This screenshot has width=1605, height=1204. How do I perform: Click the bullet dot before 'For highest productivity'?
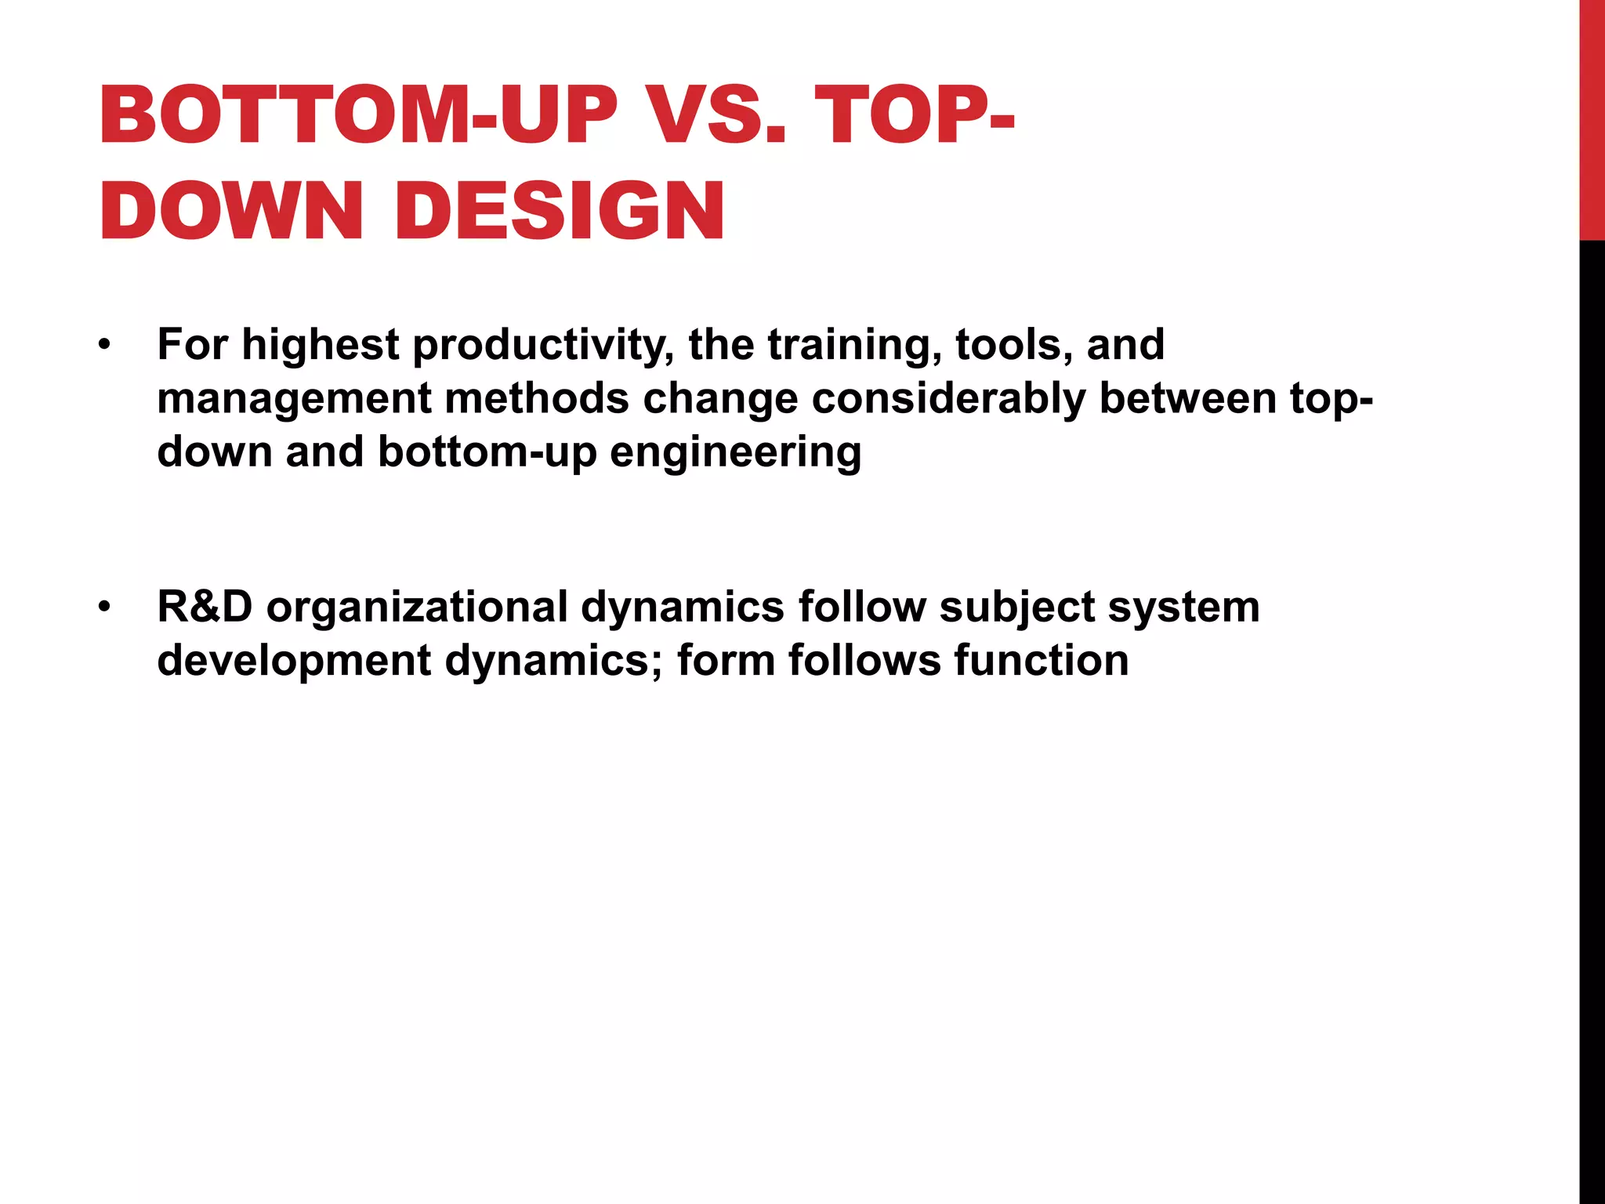pyautogui.click(x=105, y=345)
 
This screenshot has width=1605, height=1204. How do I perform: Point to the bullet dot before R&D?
pyautogui.click(x=105, y=607)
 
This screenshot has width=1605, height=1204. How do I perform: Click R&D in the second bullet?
pyautogui.click(x=205, y=607)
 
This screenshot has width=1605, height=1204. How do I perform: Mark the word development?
pyautogui.click(x=294, y=660)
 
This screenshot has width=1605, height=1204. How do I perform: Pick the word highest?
pyautogui.click(x=320, y=345)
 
